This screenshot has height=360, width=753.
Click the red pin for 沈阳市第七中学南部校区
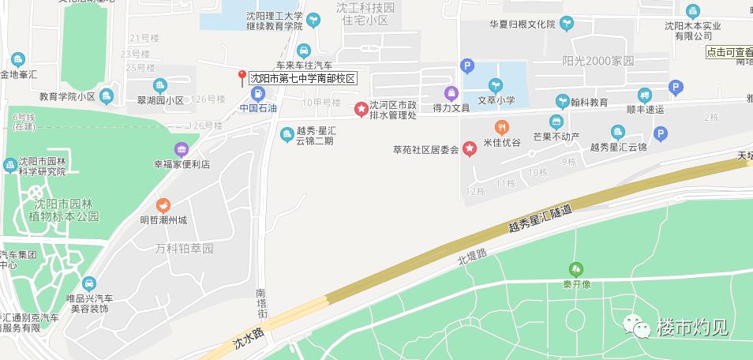[242, 77]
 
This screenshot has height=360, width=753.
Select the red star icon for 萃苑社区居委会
[470, 148]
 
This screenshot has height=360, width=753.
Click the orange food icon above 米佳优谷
[501, 127]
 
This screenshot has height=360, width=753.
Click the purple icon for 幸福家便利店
[182, 149]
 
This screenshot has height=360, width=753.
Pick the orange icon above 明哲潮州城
[163, 204]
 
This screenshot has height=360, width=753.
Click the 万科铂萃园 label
[184, 249]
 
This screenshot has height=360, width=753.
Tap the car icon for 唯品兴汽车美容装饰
[88, 283]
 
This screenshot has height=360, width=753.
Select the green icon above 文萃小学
[496, 84]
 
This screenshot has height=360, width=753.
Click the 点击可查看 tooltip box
[729, 52]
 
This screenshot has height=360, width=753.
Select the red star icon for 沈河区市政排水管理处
[362, 108]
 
